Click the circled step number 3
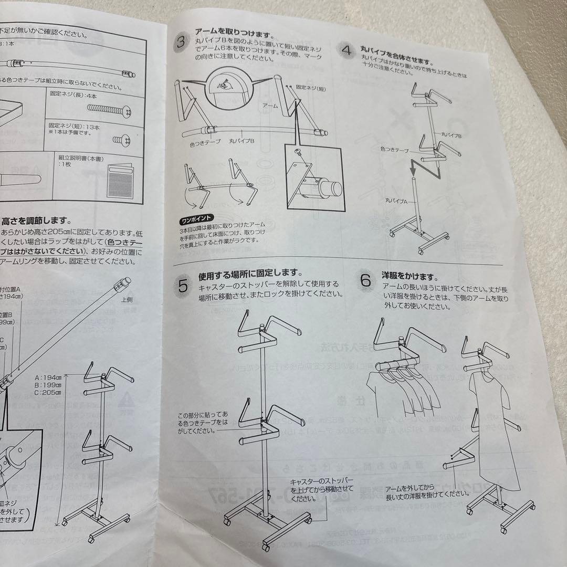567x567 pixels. pos(181,43)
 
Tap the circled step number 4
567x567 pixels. pos(346,51)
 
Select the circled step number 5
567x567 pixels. pos(183,286)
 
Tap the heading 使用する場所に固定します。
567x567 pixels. pos(250,274)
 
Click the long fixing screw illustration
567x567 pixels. pos(107,109)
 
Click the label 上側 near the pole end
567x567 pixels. pos(127,300)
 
